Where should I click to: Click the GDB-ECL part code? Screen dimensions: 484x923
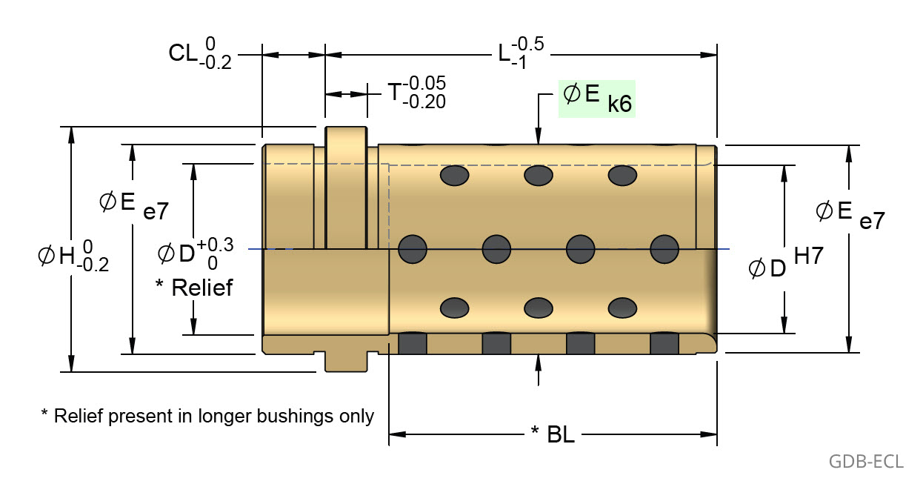pos(865,461)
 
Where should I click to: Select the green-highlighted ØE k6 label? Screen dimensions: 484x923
pos(597,99)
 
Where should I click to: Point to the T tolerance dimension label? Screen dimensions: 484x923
pos(417,93)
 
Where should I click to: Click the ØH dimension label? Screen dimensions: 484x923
pos(73,256)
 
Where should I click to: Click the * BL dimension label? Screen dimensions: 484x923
pos(553,434)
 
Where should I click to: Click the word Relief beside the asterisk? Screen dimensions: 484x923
pos(202,288)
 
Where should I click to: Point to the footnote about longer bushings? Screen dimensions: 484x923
pos(207,415)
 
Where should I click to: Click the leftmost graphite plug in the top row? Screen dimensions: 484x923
pos(455,176)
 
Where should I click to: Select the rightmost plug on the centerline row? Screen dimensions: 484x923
pos(664,248)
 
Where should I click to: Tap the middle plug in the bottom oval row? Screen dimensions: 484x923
pos(539,306)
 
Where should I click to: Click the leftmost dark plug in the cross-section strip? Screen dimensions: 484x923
pos(413,344)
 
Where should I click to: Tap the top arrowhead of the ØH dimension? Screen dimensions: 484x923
pos(71,133)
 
